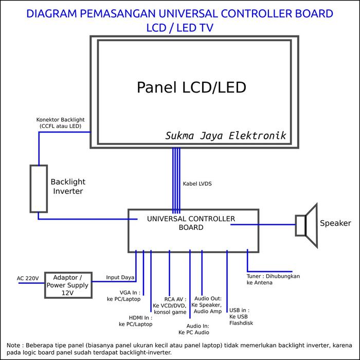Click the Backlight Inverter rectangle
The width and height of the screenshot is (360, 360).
click(39, 189)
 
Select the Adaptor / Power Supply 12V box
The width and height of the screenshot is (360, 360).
click(68, 285)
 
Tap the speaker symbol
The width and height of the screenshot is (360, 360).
click(307, 225)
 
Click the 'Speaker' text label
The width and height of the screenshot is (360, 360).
click(335, 223)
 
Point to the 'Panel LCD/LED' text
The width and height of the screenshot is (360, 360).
click(191, 87)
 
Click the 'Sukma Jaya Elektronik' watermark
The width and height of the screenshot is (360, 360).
click(225, 136)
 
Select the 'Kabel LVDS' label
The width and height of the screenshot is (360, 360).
click(197, 184)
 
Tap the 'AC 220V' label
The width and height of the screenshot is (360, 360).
click(28, 278)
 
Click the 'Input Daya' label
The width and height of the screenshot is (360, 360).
click(120, 277)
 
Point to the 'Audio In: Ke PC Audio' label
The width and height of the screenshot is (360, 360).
click(197, 329)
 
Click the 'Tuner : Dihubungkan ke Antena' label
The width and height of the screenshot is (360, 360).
click(273, 279)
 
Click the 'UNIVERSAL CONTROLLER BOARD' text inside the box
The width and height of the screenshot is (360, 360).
click(191, 223)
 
